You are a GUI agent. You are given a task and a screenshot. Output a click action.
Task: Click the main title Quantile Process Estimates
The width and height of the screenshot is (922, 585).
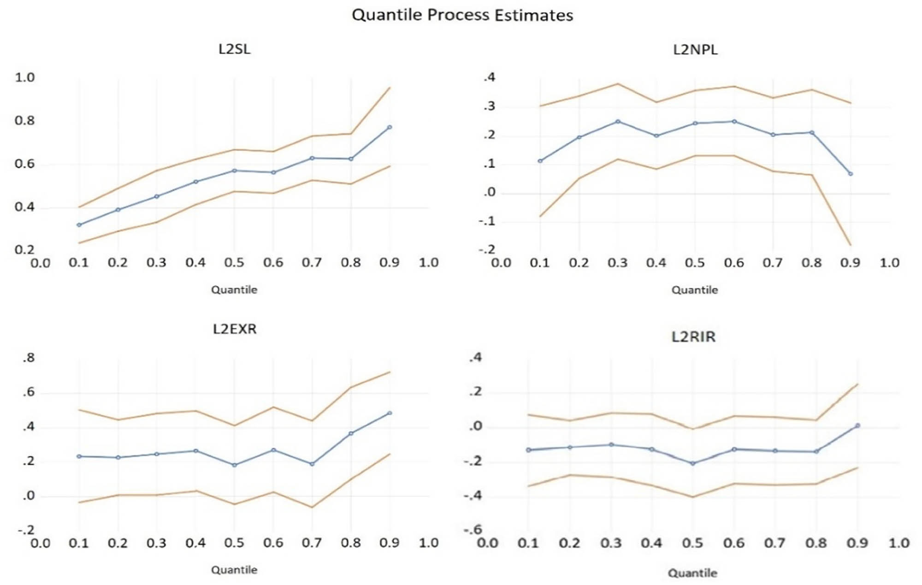pos(462,15)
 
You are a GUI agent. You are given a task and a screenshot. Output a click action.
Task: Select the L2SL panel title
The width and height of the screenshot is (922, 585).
pos(234,49)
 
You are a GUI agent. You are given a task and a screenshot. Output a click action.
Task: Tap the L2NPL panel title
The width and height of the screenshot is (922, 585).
pos(695,49)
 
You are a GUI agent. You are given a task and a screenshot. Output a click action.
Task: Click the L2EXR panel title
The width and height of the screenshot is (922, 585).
pos(234,329)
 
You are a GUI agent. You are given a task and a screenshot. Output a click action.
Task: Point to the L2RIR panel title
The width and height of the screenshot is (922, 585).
pos(693,337)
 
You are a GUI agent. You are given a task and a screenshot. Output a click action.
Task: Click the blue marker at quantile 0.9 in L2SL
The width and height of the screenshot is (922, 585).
pos(390,127)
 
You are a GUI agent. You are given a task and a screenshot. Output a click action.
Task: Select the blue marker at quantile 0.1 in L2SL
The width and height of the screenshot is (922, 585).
pos(79,225)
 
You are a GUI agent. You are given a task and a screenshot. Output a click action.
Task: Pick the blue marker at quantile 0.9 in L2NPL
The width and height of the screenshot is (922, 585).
pos(851,174)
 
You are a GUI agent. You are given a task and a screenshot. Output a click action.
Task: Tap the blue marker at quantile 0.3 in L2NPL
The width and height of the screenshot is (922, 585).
pos(618,122)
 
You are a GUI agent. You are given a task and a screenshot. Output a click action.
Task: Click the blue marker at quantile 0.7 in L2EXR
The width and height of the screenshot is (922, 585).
pos(312,464)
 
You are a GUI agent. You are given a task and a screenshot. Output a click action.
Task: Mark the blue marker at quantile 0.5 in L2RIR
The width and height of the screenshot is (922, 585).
pos(692,463)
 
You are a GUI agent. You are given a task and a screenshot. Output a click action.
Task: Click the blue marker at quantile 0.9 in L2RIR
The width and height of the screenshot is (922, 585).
pos(857,425)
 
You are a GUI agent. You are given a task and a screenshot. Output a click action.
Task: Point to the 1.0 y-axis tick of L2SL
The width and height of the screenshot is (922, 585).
pos(24,77)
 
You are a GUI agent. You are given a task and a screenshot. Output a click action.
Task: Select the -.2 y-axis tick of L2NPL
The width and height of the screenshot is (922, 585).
pos(486,249)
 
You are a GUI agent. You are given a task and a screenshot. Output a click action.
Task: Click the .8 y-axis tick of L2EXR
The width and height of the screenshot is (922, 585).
pos(28,358)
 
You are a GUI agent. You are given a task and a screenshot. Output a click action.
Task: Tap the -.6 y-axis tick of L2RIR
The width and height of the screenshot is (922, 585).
pos(472,529)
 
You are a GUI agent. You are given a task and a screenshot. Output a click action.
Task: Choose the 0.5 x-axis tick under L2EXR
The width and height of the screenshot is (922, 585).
pos(234,543)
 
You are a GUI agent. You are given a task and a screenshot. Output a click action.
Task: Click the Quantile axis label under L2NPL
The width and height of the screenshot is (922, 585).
pos(694,290)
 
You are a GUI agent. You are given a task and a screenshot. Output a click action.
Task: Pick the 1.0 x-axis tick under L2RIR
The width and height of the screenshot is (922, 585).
pos(898,543)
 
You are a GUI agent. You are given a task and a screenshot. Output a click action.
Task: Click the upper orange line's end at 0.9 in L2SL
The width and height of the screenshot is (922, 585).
pos(390,88)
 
